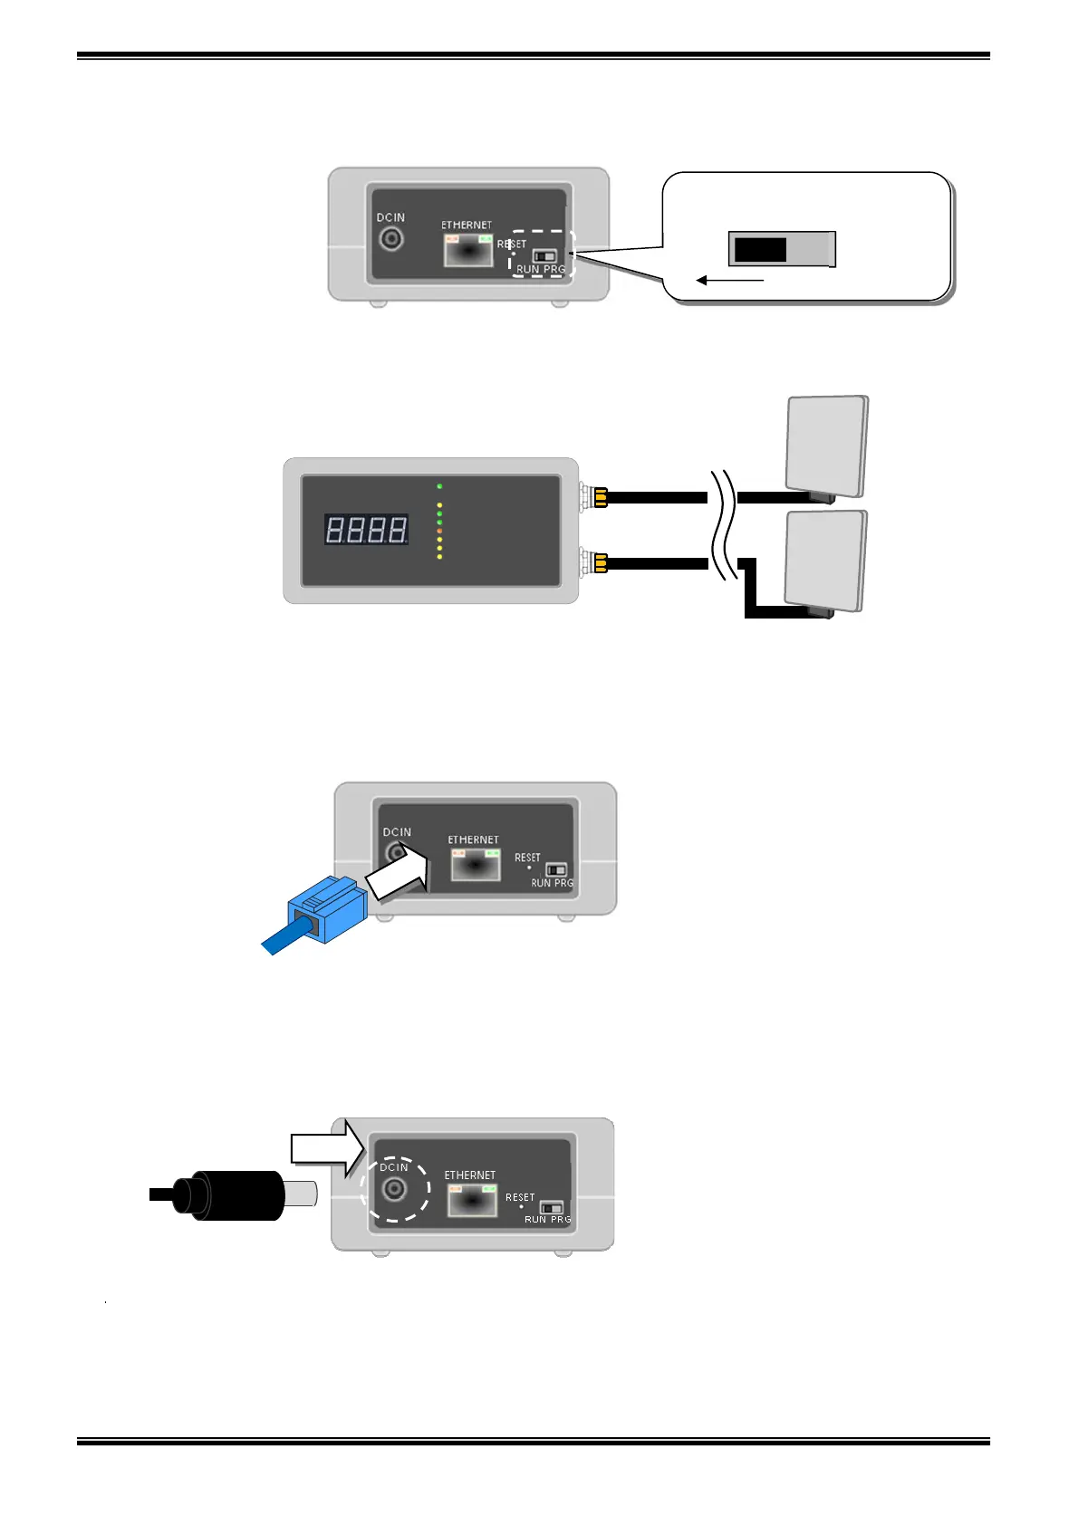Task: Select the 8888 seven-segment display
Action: (x=366, y=529)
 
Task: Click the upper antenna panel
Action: (x=826, y=445)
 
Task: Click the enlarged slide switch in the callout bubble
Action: (x=781, y=249)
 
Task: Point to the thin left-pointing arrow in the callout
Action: (x=730, y=281)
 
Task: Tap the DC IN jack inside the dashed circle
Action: (x=394, y=1188)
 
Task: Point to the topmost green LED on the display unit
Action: (x=439, y=486)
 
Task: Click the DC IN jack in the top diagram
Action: (x=391, y=239)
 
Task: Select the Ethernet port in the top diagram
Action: (x=467, y=250)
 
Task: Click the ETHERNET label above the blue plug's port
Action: (x=473, y=839)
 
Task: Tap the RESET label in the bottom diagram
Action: (x=520, y=1197)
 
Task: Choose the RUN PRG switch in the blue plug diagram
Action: (x=556, y=870)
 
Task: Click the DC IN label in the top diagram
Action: (x=390, y=217)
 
